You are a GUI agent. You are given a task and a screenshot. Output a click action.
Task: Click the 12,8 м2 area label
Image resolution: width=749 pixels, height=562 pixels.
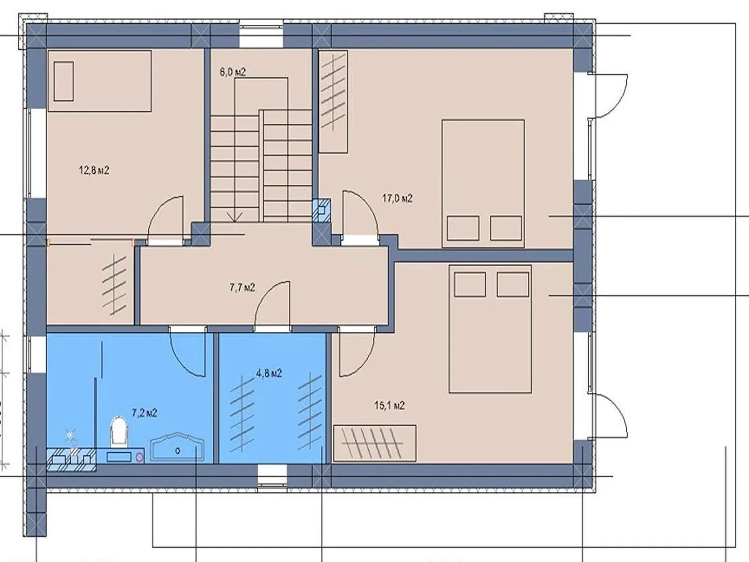[94, 170]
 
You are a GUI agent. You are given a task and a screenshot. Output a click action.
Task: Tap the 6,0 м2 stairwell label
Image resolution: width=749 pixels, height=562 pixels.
[233, 72]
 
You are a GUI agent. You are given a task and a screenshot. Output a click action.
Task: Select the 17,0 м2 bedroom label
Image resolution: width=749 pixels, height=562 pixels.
[397, 198]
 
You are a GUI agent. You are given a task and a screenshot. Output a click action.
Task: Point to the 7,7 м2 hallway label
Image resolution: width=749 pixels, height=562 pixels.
[242, 288]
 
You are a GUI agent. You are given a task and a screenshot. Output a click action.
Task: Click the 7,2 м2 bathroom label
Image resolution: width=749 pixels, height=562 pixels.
[145, 413]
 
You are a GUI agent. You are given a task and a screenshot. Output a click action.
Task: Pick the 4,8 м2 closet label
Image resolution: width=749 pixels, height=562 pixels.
[269, 373]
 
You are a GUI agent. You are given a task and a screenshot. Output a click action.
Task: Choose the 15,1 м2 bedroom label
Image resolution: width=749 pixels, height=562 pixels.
[390, 406]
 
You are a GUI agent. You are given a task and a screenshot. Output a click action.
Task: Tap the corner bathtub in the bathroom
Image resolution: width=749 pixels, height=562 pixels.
[178, 447]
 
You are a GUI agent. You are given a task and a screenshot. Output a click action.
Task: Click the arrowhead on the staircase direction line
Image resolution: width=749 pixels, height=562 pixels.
[235, 218]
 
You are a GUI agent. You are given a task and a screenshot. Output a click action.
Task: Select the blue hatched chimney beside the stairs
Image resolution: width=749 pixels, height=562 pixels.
[321, 211]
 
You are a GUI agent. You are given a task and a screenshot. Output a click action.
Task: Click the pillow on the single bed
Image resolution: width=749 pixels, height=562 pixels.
[64, 81]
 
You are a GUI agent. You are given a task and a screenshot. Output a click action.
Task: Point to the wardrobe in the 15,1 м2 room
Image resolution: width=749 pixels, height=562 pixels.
[374, 443]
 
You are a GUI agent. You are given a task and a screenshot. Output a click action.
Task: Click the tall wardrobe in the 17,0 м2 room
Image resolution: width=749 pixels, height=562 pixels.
[333, 101]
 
